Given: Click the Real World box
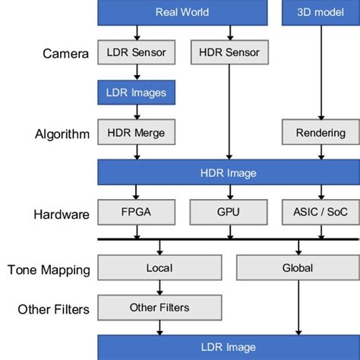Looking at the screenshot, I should [x=182, y=12].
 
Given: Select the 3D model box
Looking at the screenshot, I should [x=314, y=12].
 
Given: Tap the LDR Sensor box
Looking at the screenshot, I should [x=137, y=52].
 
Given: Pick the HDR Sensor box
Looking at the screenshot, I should [x=229, y=52].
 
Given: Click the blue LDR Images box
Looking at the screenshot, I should [x=137, y=93].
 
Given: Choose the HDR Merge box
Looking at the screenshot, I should [x=137, y=133].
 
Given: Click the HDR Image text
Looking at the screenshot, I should [x=228, y=173].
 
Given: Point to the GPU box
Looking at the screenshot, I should [x=228, y=213].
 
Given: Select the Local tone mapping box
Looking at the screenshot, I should [x=159, y=267].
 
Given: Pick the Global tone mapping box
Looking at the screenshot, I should [x=297, y=267].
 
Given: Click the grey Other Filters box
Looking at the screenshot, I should [x=159, y=308].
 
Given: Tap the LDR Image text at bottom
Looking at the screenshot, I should [x=228, y=349].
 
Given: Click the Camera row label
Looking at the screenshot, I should [x=66, y=53].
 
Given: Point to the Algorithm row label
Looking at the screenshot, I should [x=62, y=134].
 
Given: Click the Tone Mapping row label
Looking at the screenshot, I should [x=49, y=270].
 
